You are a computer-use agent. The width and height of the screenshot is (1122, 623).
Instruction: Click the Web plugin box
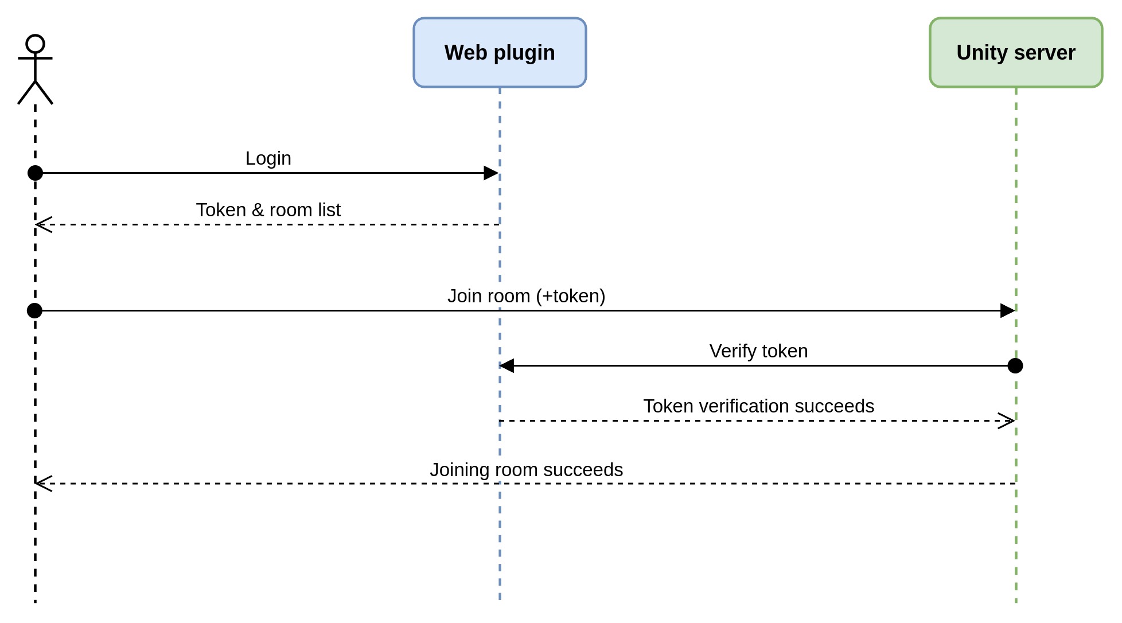tap(499, 53)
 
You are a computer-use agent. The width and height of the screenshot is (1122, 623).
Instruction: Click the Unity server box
tap(1015, 53)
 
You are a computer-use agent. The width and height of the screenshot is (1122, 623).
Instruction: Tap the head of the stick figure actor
tap(36, 44)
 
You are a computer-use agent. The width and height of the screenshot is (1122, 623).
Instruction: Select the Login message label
tap(268, 158)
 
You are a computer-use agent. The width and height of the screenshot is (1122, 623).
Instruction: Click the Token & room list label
tap(268, 210)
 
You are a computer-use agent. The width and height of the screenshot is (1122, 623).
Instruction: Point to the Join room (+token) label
tap(526, 296)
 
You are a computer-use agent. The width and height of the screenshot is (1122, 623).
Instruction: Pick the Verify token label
tap(758, 351)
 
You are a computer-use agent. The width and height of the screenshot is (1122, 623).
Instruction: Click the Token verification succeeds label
tap(758, 406)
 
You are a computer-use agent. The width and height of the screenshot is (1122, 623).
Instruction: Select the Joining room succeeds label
tap(526, 470)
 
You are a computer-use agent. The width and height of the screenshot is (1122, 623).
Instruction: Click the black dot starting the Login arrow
tap(36, 173)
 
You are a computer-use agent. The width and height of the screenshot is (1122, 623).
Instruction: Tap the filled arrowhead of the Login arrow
tap(491, 173)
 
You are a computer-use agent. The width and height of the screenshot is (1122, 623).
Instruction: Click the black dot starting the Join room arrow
tap(35, 310)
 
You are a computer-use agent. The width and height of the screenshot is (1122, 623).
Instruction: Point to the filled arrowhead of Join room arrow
tap(1007, 311)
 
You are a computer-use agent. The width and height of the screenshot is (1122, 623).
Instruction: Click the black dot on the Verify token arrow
tap(1015, 365)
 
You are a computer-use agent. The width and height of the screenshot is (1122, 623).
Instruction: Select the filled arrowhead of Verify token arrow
tap(507, 365)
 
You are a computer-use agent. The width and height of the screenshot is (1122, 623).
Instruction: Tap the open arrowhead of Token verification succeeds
tap(1007, 420)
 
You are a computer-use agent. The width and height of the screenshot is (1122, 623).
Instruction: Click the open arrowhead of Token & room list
tap(44, 224)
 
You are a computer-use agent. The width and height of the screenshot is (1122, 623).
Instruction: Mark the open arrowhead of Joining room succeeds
tap(44, 483)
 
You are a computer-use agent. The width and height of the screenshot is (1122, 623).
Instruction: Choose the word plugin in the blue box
tap(524, 53)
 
